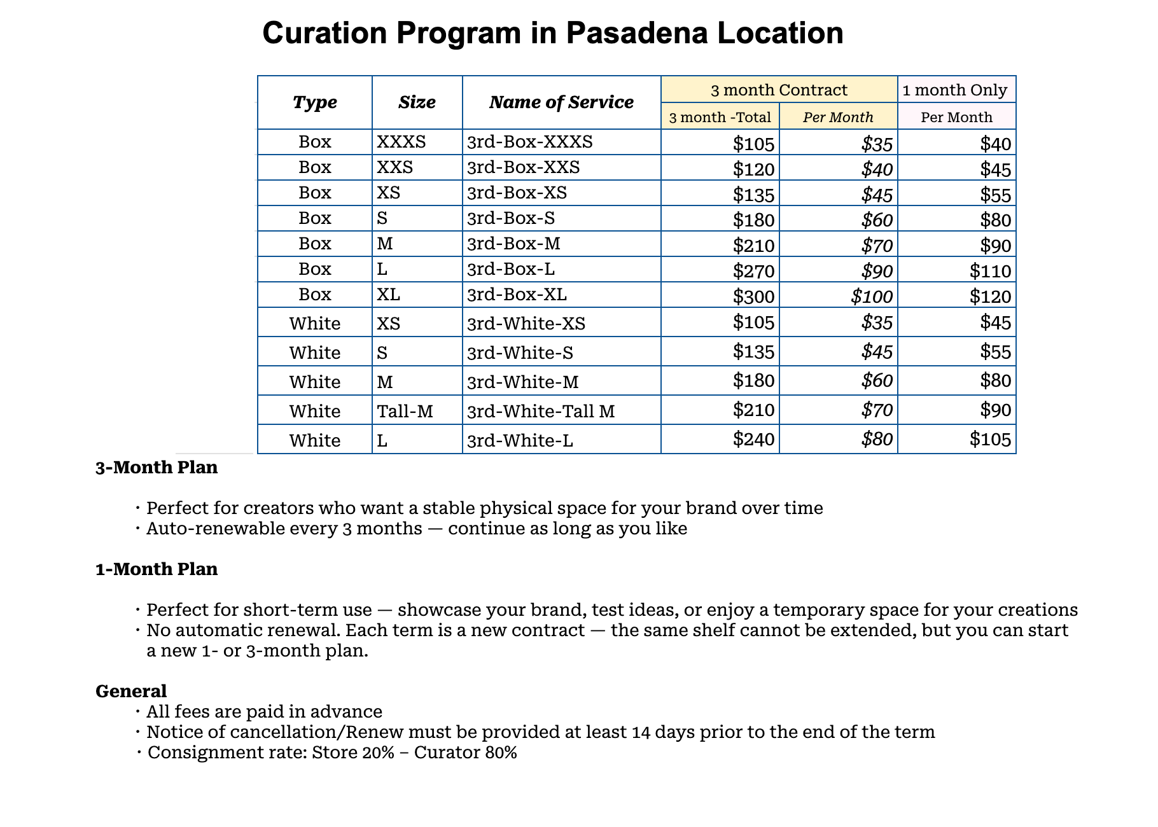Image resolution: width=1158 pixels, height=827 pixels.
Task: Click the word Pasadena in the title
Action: pos(636,33)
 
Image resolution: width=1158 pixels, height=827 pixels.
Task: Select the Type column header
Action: pos(314,102)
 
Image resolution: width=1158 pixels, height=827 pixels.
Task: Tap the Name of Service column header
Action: pos(561,102)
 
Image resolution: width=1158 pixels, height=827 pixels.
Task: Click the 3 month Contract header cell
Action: pos(779,90)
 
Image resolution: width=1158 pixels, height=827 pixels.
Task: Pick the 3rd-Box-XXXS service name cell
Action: pos(529,142)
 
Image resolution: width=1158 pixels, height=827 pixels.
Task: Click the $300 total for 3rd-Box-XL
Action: pos(753,296)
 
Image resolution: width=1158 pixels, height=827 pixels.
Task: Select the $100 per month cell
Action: pos(872,296)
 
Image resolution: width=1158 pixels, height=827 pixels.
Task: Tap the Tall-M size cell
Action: pos(405,412)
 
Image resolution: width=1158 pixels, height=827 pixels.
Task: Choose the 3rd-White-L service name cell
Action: pos(520,440)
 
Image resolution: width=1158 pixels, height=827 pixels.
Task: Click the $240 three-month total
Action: pos(753,439)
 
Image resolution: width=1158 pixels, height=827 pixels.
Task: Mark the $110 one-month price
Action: pos(990,271)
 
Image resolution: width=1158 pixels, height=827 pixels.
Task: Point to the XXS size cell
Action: pos(395,167)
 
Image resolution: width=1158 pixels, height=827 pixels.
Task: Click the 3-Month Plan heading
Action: pos(157,468)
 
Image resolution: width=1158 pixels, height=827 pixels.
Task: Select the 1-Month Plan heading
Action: pos(157,569)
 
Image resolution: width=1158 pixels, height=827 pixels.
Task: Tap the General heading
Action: pos(131,691)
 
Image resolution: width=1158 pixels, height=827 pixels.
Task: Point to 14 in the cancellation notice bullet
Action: pos(642,732)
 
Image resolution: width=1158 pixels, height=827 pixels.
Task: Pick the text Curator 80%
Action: pos(465,753)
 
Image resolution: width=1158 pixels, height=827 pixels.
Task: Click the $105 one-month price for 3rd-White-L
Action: pos(990,439)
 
